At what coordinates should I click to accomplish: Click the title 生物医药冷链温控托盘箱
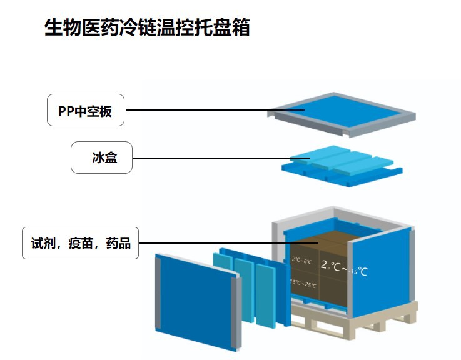(x=147, y=28)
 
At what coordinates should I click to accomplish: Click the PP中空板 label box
(x=86, y=111)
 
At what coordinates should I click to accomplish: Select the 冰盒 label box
(x=101, y=158)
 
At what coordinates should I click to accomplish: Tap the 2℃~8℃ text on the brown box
(x=302, y=261)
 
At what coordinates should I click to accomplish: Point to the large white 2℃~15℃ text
(x=344, y=271)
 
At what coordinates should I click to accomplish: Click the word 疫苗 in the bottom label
(x=80, y=242)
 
